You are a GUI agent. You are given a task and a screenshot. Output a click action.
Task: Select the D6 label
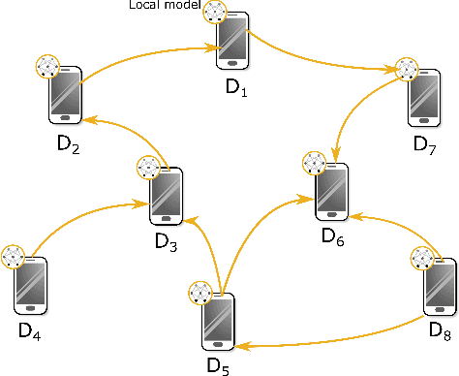click(332, 235)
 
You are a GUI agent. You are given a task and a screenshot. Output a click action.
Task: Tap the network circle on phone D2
click(47, 67)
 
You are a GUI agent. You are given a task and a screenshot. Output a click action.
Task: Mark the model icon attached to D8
click(422, 259)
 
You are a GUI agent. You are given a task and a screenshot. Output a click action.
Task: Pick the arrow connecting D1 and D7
click(320, 61)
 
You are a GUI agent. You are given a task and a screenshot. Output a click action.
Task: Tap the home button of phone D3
click(166, 221)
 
